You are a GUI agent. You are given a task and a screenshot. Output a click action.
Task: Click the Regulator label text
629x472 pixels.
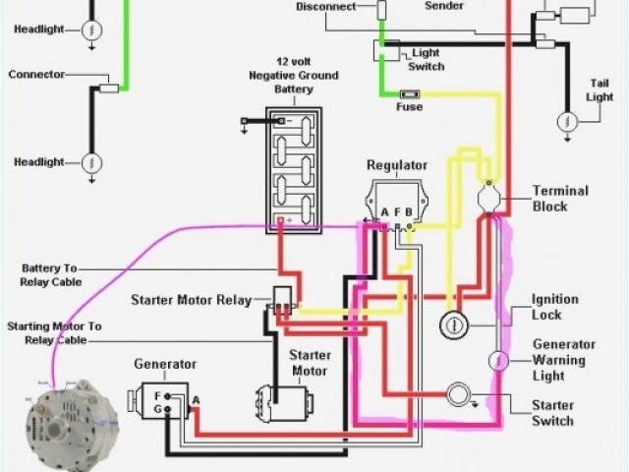pos(397,165)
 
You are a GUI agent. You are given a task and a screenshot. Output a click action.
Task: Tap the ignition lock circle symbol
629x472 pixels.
pos(454,324)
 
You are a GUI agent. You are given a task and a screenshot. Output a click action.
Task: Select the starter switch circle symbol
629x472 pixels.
pos(459,394)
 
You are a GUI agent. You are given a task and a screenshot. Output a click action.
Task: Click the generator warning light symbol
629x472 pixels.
pos(498,360)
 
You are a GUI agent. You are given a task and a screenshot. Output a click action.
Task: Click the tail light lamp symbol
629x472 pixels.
pos(566,121)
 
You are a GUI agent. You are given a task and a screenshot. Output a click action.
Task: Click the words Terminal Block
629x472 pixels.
pos(560,199)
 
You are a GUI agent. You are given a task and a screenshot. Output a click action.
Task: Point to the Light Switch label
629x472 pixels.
pos(427,60)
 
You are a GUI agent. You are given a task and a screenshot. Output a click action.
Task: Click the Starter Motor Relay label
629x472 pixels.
pos(191,299)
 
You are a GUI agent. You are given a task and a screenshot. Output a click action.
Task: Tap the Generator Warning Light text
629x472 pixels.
pos(564,360)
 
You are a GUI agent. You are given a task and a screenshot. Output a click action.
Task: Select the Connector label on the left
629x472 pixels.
pos(36,75)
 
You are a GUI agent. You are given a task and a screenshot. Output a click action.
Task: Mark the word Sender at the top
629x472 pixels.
pos(444,6)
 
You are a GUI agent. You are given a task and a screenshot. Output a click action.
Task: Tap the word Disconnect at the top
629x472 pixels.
pos(325,7)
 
